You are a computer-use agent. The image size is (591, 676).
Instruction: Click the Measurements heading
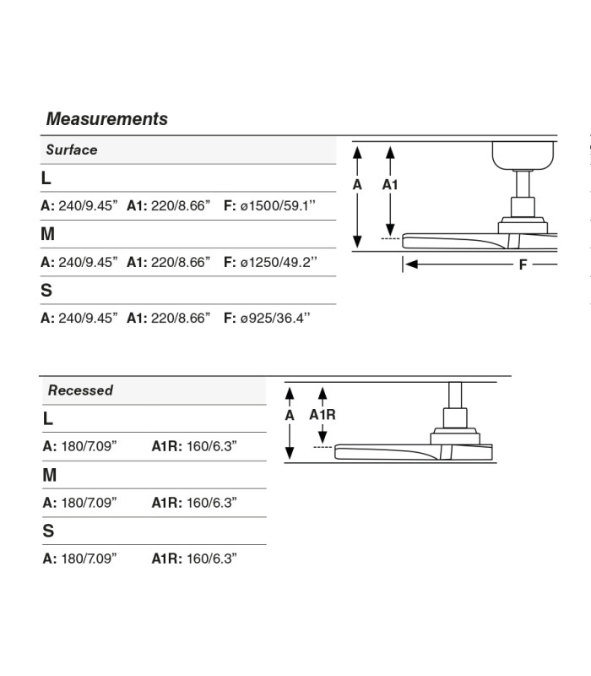tap(107, 119)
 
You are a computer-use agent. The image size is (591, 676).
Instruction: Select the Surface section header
tap(72, 150)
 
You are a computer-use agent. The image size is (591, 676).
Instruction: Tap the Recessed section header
tap(80, 390)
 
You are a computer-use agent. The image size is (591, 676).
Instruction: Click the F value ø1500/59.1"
tap(278, 205)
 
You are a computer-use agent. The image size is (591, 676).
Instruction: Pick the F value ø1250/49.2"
tap(279, 262)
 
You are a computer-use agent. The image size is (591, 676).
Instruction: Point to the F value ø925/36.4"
tap(275, 319)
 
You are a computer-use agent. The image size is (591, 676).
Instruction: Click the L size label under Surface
tap(46, 178)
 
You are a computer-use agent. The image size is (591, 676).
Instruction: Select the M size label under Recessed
tap(50, 475)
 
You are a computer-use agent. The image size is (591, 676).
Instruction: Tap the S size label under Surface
tap(46, 291)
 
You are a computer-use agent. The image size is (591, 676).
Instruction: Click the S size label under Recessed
tap(48, 531)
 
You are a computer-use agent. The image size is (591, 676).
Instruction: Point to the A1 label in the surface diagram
tap(390, 185)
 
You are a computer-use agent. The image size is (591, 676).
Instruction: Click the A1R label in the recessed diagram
tap(323, 415)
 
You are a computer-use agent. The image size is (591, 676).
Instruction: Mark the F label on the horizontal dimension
tap(523, 264)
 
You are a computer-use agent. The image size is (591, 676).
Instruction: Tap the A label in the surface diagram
tap(357, 185)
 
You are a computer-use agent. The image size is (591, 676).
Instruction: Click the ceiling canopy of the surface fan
tap(523, 155)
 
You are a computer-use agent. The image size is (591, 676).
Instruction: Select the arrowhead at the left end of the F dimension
tap(411, 264)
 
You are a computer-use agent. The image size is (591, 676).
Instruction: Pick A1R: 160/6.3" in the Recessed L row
tap(194, 446)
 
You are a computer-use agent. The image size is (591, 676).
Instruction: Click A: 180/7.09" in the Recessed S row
tap(79, 559)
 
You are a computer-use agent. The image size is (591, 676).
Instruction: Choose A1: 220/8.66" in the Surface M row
tap(168, 262)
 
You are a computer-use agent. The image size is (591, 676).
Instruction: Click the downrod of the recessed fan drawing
tap(455, 395)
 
